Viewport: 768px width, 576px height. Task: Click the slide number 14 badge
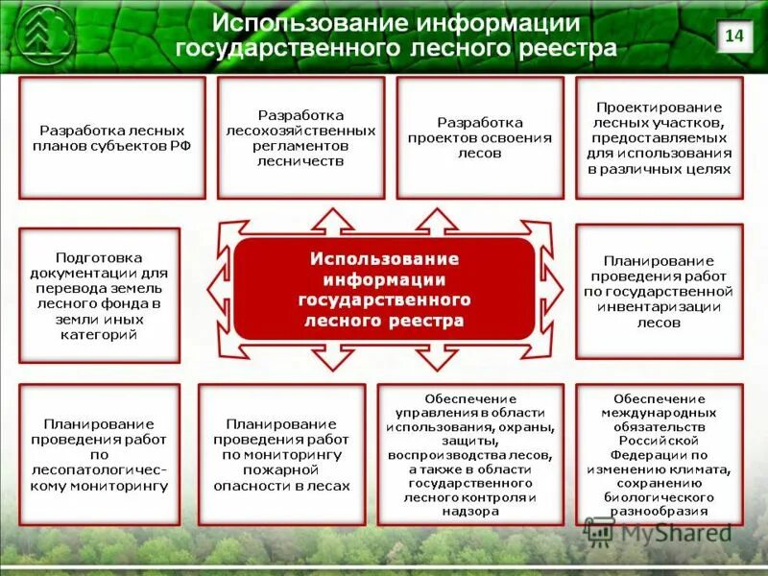[733, 36]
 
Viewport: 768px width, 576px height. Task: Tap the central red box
[384, 288]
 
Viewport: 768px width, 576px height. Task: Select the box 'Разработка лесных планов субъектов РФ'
[112, 137]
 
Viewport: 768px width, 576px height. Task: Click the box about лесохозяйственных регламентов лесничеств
[300, 137]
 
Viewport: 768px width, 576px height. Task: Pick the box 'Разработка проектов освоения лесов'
[480, 137]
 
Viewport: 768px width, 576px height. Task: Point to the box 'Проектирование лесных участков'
[660, 137]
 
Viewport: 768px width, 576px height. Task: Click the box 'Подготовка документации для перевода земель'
[99, 295]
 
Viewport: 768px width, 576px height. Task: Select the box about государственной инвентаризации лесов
[660, 291]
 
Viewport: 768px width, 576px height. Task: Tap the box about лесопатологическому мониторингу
[99, 454]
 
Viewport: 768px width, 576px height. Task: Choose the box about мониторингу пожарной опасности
[281, 454]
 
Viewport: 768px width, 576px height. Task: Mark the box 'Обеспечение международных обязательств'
[660, 454]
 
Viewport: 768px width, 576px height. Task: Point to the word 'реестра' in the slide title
[564, 48]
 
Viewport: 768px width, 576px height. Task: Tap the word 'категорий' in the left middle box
[99, 335]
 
